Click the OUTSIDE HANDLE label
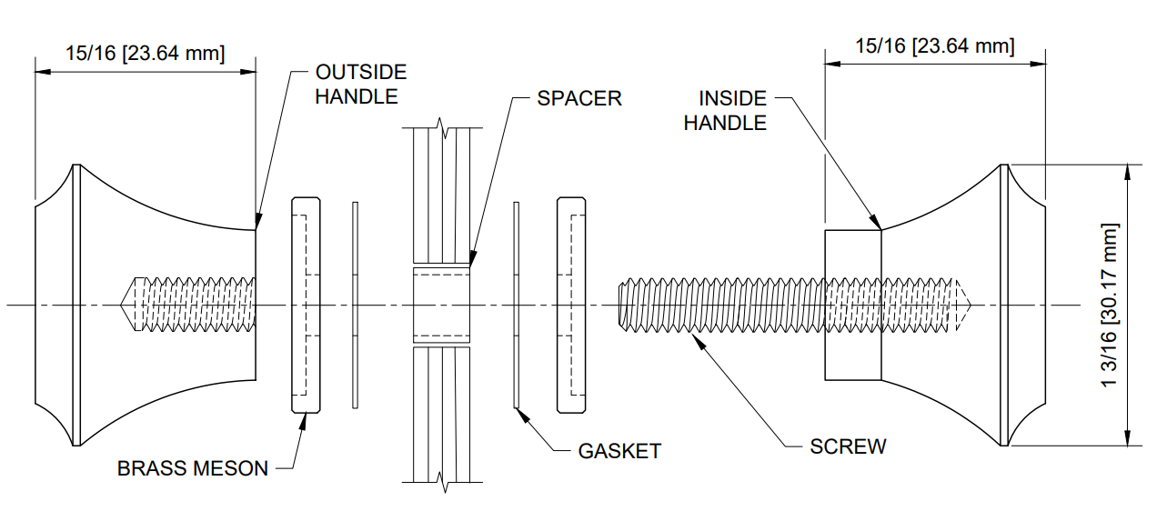tap(360, 84)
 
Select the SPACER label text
tap(578, 98)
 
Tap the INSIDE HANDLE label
tap(725, 111)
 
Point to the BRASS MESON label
tap(193, 469)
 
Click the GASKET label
tap(619, 451)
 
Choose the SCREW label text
tap(848, 446)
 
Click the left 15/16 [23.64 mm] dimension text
tap(145, 53)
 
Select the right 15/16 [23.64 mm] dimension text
tap(934, 45)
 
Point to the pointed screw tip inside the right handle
tap(970, 304)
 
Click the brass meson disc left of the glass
tap(305, 305)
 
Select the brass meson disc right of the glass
tap(570, 305)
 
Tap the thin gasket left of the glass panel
tap(356, 305)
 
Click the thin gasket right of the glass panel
tap(516, 305)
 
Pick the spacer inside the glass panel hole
tap(441, 305)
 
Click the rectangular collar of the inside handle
tap(852, 305)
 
